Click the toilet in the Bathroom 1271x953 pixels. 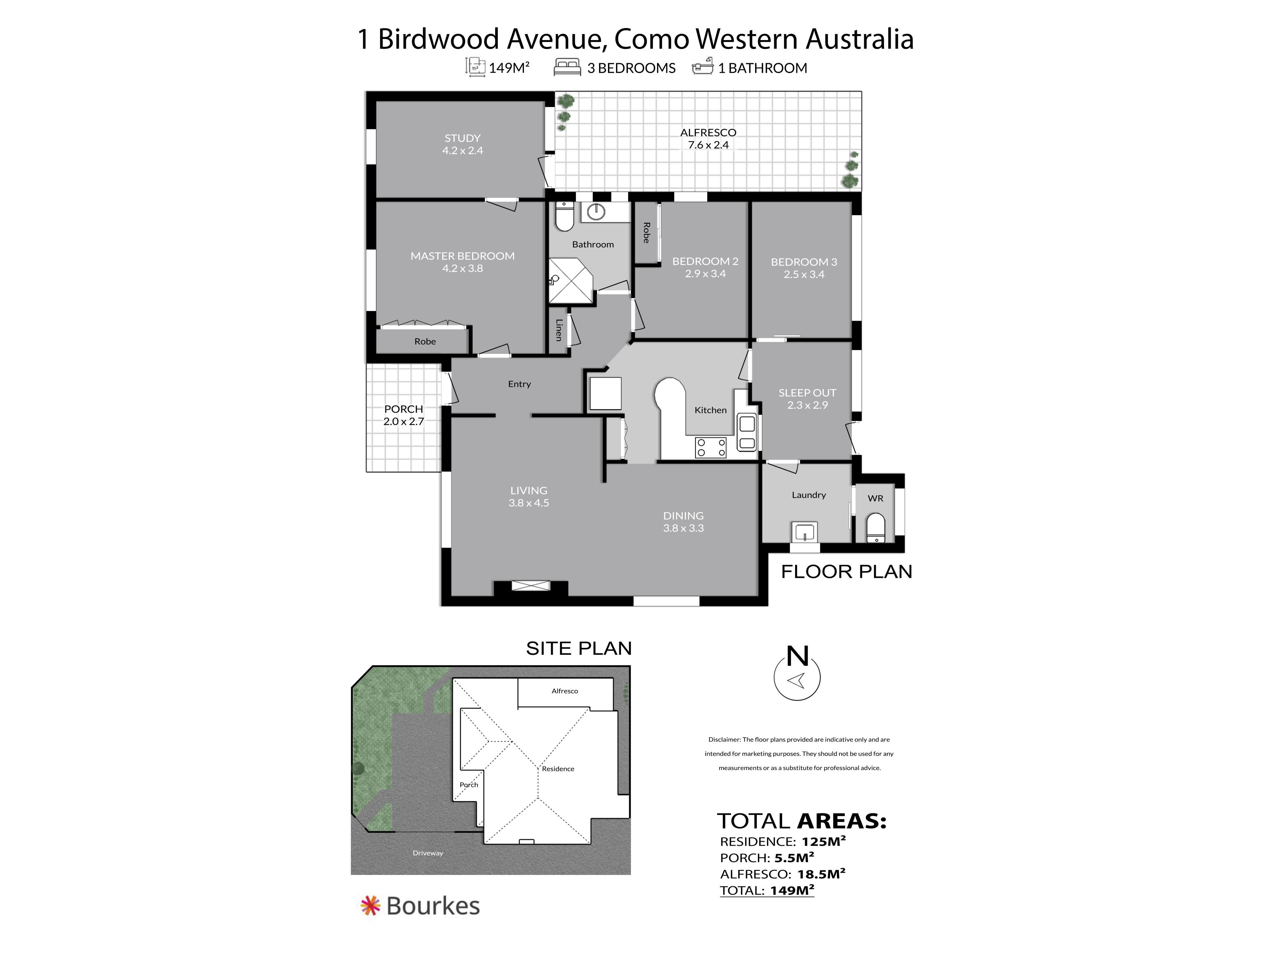click(x=565, y=216)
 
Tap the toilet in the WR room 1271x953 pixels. click(x=875, y=528)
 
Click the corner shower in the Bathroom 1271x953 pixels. click(x=571, y=281)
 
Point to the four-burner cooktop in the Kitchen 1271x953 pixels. click(x=711, y=447)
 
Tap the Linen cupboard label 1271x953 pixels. click(x=558, y=330)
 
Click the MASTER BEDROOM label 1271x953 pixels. click(x=462, y=256)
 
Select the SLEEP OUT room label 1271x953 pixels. click(x=807, y=393)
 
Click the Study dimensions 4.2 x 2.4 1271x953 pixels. click(x=462, y=151)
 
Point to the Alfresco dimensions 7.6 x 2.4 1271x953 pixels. click(x=708, y=145)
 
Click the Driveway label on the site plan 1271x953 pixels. click(x=428, y=853)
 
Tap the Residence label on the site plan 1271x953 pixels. click(x=558, y=769)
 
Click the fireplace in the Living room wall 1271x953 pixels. click(x=531, y=586)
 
